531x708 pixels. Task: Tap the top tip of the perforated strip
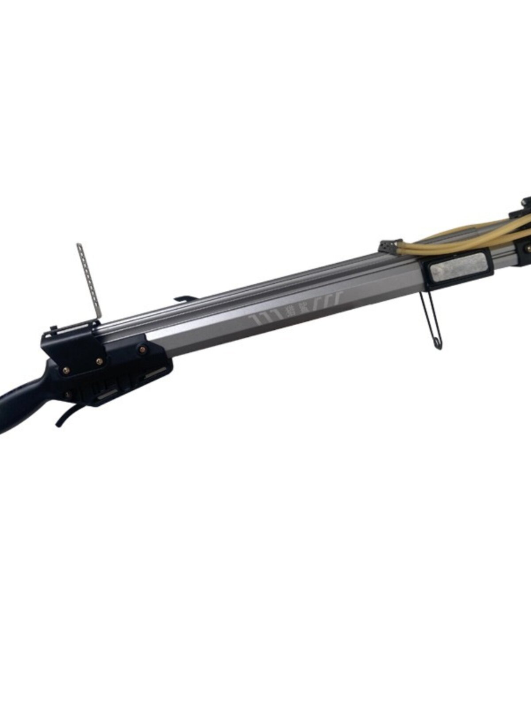pyautogui.click(x=80, y=244)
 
